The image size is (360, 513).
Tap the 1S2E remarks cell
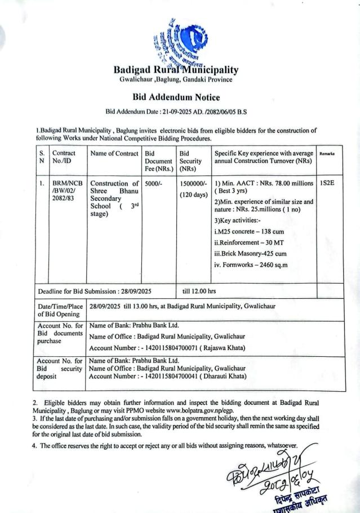(327, 183)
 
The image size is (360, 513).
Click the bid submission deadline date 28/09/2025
(137, 291)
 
